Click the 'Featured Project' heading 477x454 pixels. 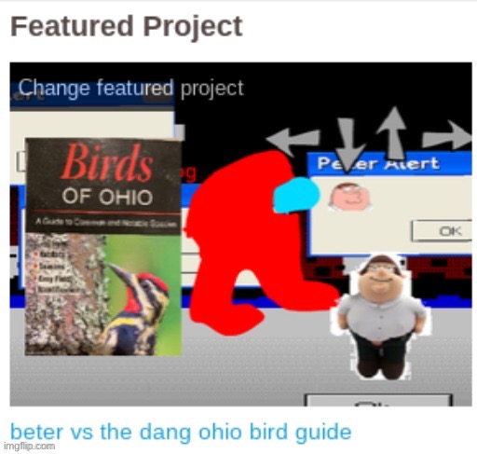[126, 26]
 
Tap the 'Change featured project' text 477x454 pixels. [130, 89]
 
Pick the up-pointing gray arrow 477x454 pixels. [392, 130]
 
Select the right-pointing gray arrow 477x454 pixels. [448, 137]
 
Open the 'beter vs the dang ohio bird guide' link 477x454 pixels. [181, 432]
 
